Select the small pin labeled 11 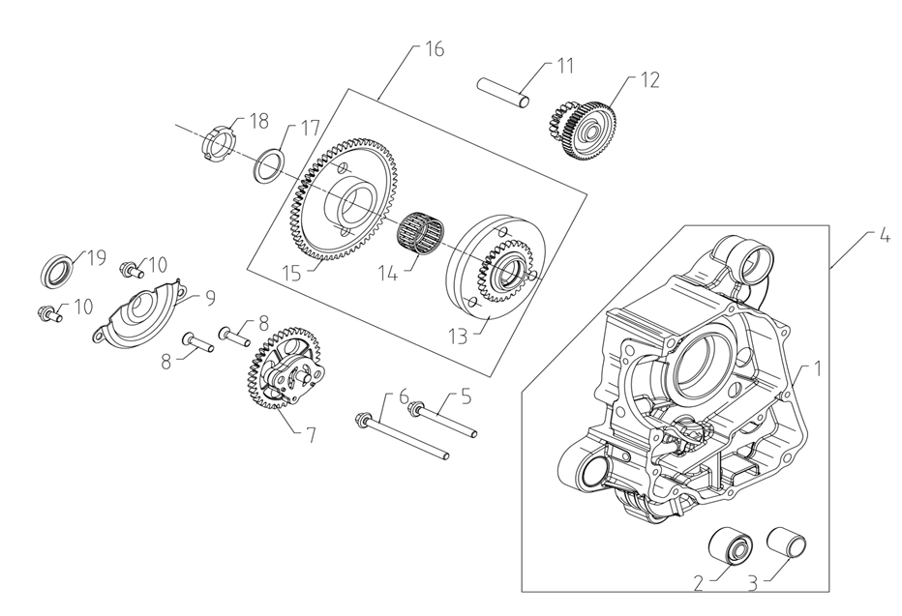[x=502, y=87]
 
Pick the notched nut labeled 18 [x=219, y=145]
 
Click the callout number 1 [x=817, y=368]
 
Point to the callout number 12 [x=649, y=79]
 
